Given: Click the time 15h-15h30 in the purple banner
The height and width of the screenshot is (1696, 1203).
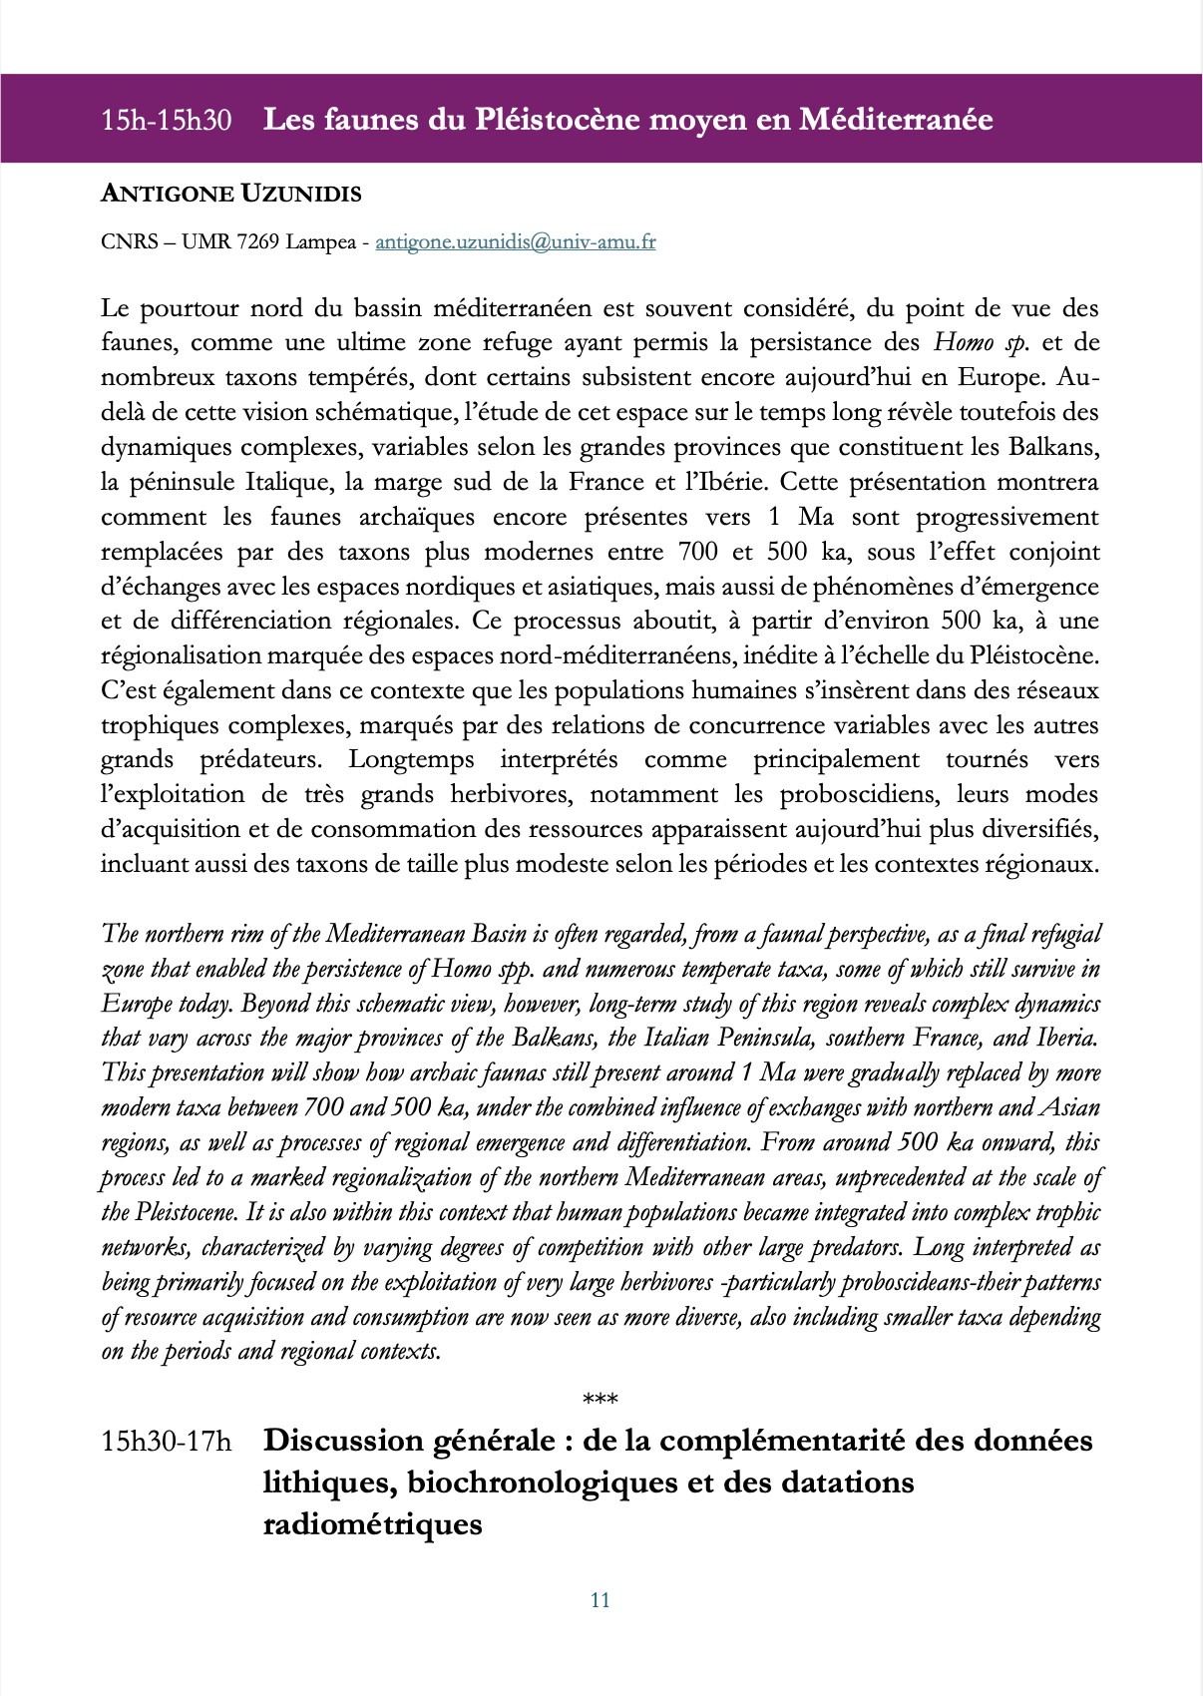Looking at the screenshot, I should click(166, 121).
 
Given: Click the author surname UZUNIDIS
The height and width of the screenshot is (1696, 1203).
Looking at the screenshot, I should click(301, 194).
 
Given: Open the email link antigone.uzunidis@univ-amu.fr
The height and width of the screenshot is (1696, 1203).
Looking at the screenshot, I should click(515, 242).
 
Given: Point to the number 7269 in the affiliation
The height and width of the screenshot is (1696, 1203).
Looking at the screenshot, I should click(258, 242).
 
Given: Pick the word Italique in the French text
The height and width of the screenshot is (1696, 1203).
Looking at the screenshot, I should click(283, 483).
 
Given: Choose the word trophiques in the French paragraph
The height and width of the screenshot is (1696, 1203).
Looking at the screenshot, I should click(158, 726).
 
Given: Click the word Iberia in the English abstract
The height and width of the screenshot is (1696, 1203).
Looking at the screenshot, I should click(1066, 1039).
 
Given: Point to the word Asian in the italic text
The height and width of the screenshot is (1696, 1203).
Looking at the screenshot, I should click(1070, 1108).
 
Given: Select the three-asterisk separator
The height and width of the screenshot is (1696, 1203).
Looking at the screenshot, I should click(601, 1401).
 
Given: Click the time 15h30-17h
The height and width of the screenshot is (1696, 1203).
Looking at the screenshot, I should click(166, 1442).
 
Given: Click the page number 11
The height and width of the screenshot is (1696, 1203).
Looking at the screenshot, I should click(601, 1600).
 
